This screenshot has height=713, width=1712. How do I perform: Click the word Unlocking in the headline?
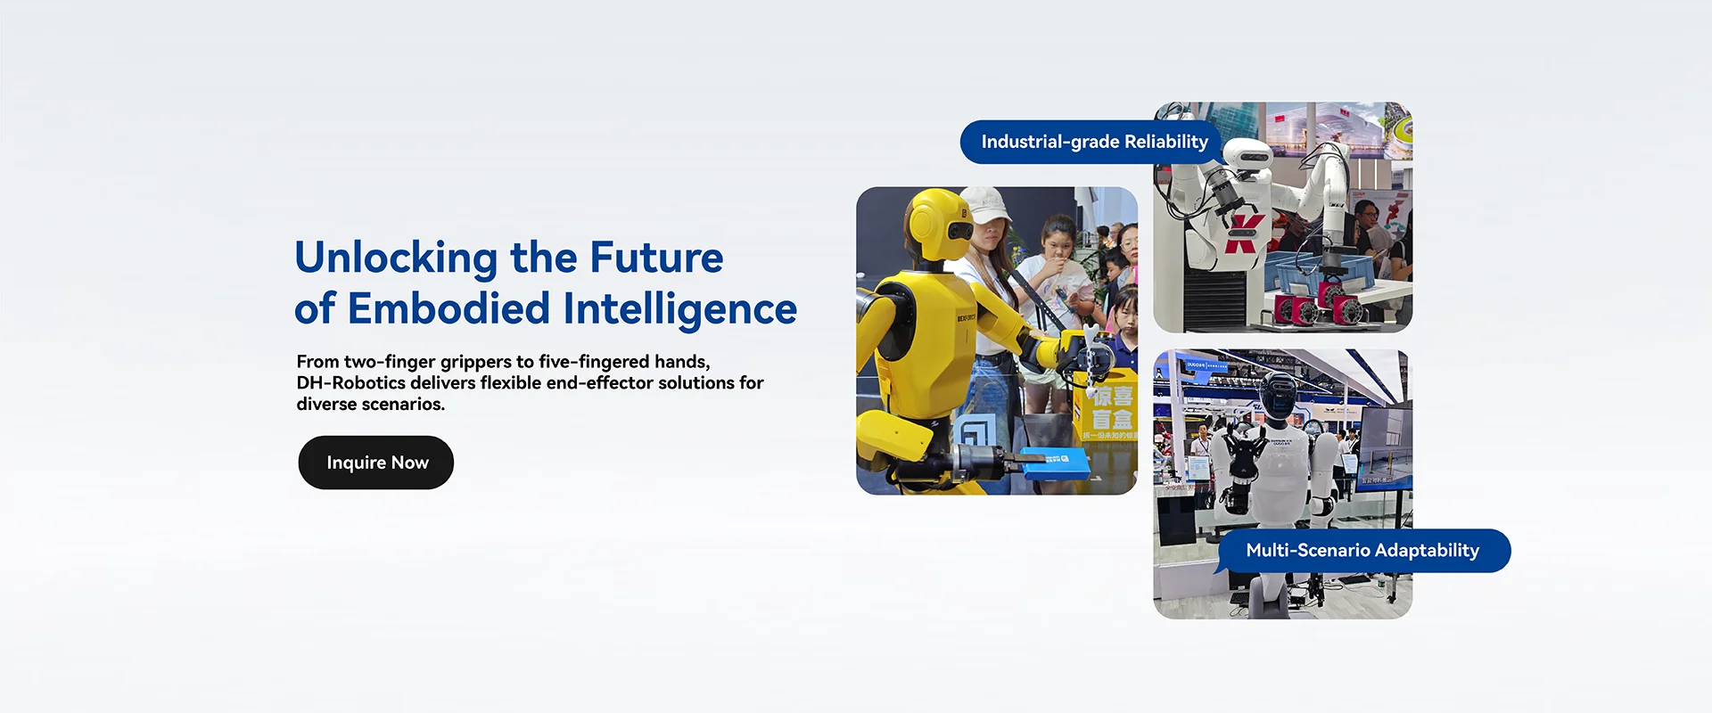[x=396, y=258]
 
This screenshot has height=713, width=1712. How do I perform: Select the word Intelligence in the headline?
[x=679, y=310]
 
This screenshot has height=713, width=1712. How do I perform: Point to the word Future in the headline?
[x=656, y=258]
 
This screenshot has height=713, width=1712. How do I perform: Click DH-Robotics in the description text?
[x=351, y=382]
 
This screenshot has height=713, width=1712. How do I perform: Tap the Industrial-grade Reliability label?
[x=1094, y=142]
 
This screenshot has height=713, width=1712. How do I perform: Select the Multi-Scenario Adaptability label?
[x=1362, y=551]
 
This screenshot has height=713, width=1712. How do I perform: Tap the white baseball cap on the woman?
[x=985, y=204]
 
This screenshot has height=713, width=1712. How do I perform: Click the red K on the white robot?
[x=1243, y=234]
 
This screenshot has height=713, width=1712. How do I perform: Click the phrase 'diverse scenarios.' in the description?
[x=370, y=404]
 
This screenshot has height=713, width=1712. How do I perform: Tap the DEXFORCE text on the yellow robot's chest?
[x=966, y=317]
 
